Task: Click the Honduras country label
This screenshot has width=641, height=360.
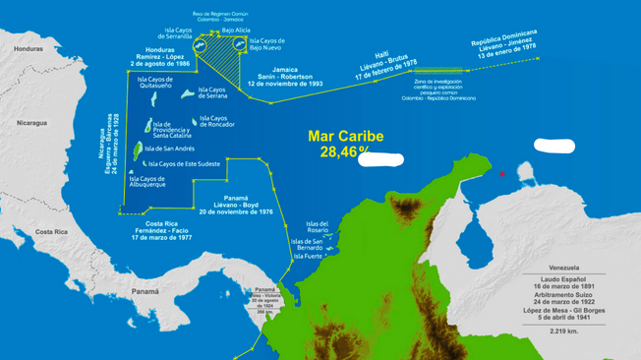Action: click(x=29, y=48)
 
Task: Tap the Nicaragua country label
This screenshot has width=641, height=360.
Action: click(x=32, y=123)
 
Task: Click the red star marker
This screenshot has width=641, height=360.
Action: click(x=502, y=174)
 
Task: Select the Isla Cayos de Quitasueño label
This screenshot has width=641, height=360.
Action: click(x=155, y=83)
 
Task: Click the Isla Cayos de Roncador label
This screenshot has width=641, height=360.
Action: click(x=216, y=121)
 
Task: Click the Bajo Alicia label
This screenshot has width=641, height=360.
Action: click(x=237, y=31)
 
